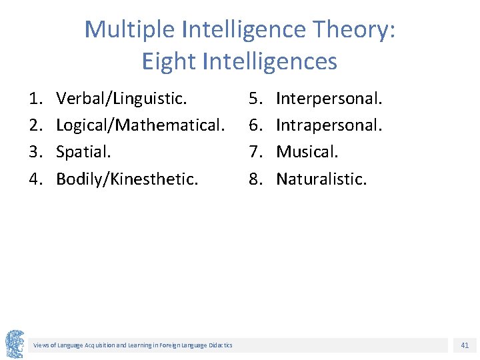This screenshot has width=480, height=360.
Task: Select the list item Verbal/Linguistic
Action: (x=121, y=99)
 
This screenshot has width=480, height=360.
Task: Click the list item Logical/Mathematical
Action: (x=139, y=125)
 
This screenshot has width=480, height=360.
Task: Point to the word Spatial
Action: (x=83, y=152)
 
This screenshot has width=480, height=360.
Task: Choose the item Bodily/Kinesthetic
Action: (x=127, y=179)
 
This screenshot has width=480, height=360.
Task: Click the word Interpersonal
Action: (x=329, y=99)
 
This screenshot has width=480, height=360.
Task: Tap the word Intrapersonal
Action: (x=329, y=125)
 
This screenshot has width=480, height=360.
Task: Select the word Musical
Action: (x=307, y=152)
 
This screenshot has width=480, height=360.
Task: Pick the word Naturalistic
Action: (x=321, y=179)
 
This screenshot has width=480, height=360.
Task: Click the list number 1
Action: (x=35, y=99)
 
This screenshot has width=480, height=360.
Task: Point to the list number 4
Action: (x=35, y=179)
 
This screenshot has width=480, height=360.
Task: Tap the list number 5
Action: (x=255, y=99)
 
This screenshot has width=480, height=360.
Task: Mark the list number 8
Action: (x=255, y=179)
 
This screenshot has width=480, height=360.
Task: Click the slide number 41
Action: (x=465, y=345)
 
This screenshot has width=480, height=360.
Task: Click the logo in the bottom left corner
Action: (x=15, y=344)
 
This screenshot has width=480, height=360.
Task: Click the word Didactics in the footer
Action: (x=219, y=345)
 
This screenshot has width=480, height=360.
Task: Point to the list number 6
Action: (x=255, y=125)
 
